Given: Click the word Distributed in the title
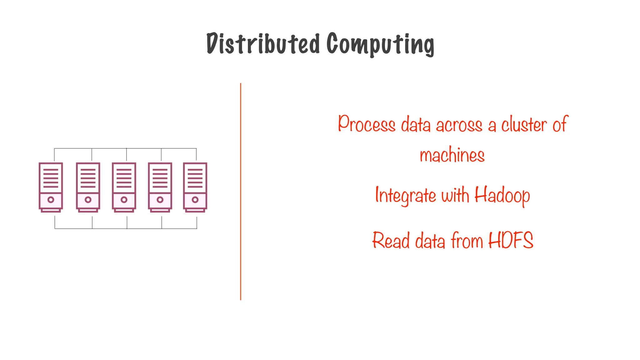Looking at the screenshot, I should pos(263,44).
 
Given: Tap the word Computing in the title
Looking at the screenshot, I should pos(380,44).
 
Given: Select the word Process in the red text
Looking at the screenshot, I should pos(367,124).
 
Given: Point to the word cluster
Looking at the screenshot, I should pos(524,124).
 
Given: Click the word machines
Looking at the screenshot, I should pos(452,155).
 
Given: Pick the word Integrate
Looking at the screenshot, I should pos(405,195).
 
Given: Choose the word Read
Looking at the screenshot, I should pos(391,241).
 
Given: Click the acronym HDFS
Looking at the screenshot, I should pos(511,240).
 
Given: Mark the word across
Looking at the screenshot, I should pos(459,125).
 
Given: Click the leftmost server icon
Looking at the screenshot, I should pos(51,187).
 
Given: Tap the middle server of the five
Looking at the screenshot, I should pos(124,187).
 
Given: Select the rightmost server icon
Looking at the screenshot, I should pos(195,187).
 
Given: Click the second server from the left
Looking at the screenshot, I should pos(88,187).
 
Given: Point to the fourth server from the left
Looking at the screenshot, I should pos(160,187).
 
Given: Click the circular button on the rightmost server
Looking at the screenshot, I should pos(195,200).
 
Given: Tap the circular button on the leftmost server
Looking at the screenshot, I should pos(51,200).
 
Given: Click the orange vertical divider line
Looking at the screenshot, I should pos(241,191).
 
